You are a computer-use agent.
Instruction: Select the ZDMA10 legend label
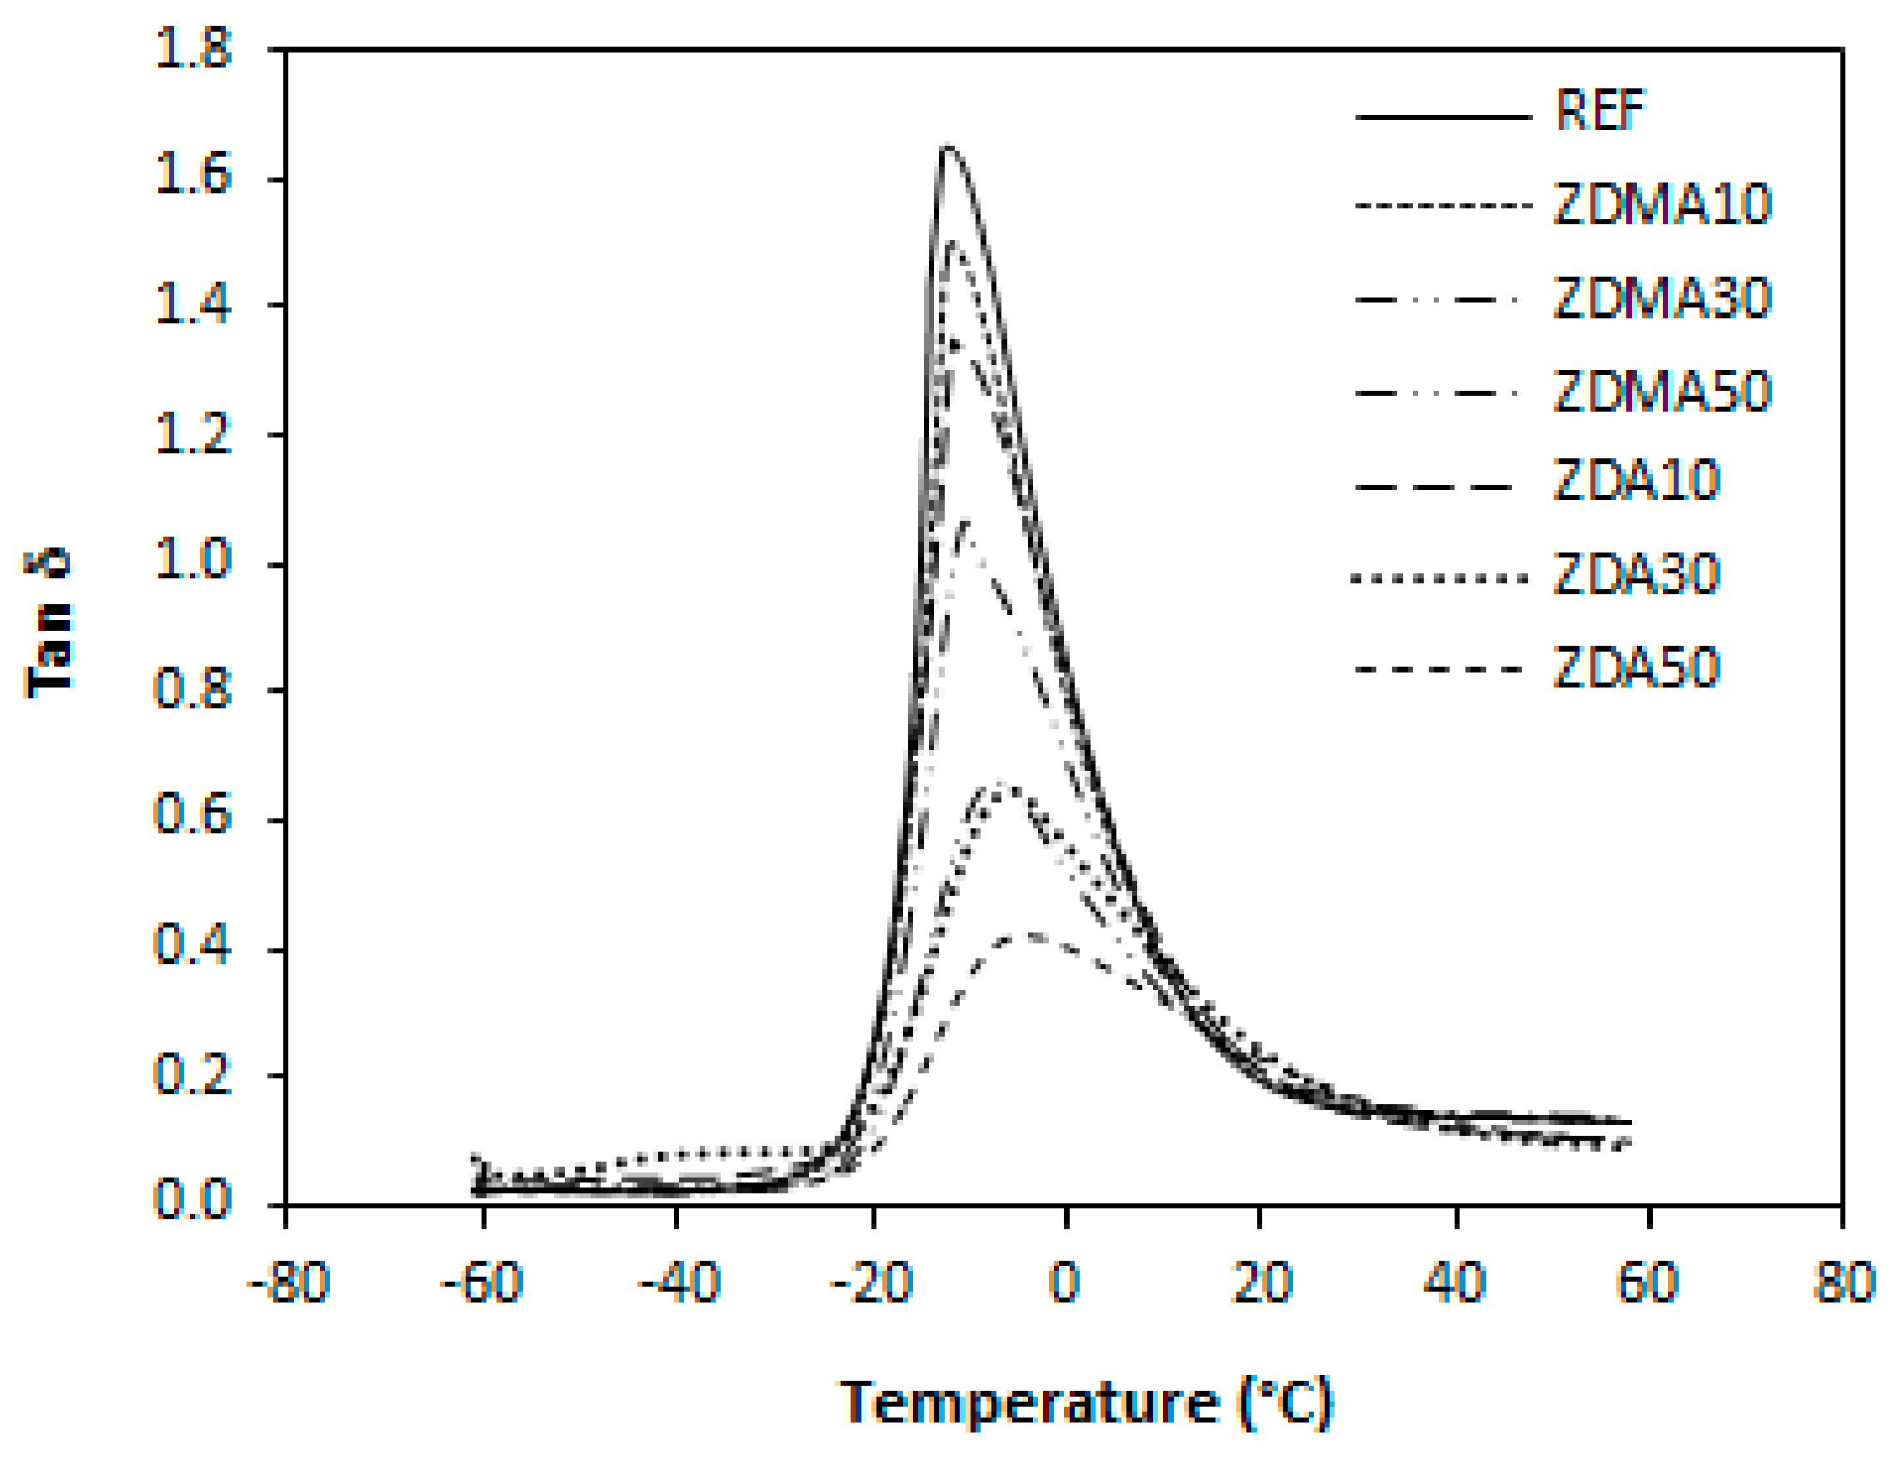[x=1660, y=205]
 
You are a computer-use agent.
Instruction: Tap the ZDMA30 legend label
[x=1660, y=299]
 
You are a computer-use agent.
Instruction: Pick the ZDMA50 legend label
[x=1660, y=392]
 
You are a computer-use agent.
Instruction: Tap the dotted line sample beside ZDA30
[x=1440, y=578]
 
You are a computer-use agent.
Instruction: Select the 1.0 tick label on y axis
[x=192, y=560]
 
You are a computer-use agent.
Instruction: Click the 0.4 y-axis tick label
[x=192, y=945]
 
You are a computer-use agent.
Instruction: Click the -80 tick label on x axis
[x=287, y=1282]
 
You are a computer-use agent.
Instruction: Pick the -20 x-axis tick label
[x=871, y=1282]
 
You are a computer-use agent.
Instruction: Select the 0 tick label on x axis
[x=1066, y=1282]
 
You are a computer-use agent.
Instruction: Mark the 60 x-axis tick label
[x=1648, y=1282]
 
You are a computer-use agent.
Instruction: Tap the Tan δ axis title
[x=48, y=622]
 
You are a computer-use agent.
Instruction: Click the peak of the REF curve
[x=947, y=147]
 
